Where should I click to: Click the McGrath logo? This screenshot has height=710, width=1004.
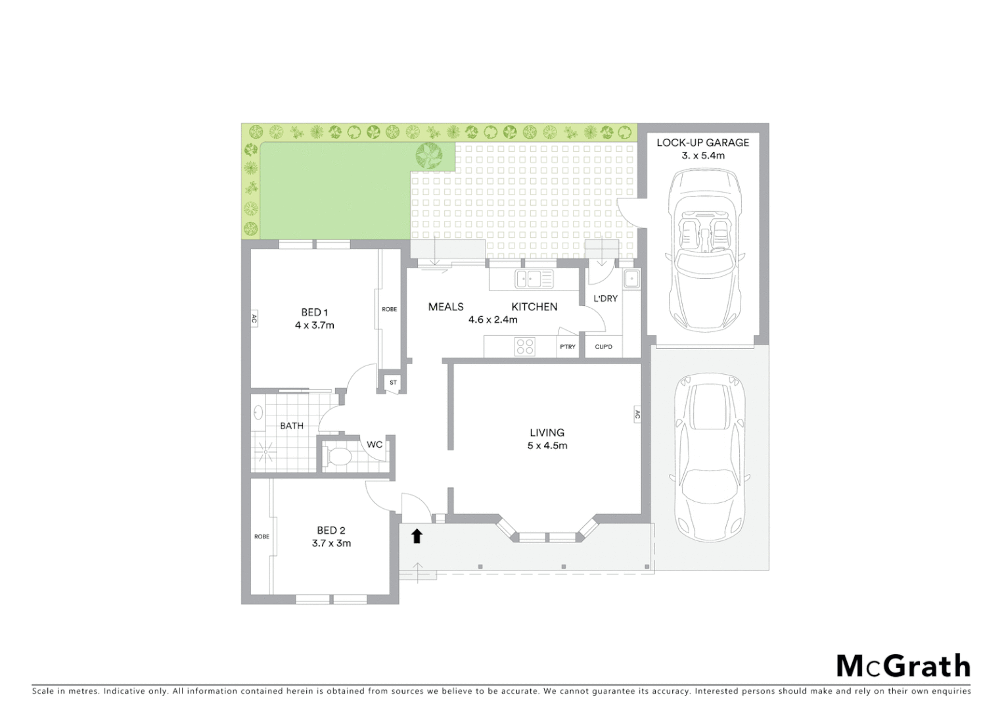pyautogui.click(x=903, y=665)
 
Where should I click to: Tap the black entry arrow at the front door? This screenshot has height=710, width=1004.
pyautogui.click(x=416, y=536)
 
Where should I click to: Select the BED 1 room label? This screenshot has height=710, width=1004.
pyautogui.click(x=314, y=312)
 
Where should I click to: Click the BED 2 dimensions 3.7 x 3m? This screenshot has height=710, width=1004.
pyautogui.click(x=331, y=543)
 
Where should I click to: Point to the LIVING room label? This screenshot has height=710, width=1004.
pyautogui.click(x=547, y=433)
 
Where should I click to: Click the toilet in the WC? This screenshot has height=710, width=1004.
pyautogui.click(x=339, y=456)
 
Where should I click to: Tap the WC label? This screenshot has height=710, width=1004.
pyautogui.click(x=375, y=445)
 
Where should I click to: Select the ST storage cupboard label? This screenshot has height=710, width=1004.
pyautogui.click(x=393, y=382)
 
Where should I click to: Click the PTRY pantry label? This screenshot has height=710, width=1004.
pyautogui.click(x=568, y=347)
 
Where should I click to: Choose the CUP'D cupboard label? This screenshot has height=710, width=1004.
pyautogui.click(x=603, y=347)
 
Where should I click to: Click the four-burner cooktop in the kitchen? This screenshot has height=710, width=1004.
pyautogui.click(x=525, y=346)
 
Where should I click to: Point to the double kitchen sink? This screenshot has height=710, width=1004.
pyautogui.click(x=534, y=279)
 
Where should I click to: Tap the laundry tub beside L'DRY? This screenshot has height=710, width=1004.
pyautogui.click(x=631, y=279)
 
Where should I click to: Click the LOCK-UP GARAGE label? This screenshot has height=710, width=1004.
pyautogui.click(x=702, y=142)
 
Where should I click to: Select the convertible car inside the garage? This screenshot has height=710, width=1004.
pyautogui.click(x=703, y=250)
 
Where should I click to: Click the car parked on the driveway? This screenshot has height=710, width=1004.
pyautogui.click(x=708, y=457)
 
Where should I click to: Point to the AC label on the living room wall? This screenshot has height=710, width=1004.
pyautogui.click(x=637, y=415)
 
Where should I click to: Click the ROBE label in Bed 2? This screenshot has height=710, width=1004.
pyautogui.click(x=262, y=536)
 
